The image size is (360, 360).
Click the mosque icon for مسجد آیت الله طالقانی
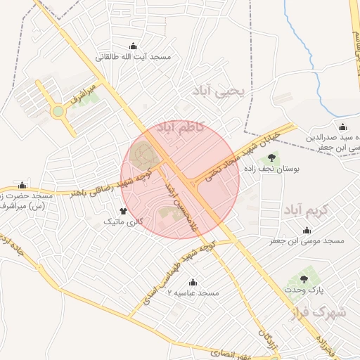pyautogui.click(x=133, y=45)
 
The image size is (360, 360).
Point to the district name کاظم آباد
pyautogui.click(x=181, y=128)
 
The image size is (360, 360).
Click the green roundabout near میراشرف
pyautogui.click(x=58, y=111)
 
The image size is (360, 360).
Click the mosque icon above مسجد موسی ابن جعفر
pyautogui.click(x=307, y=230)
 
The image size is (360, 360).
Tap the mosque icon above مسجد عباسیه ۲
pyautogui.click(x=193, y=281)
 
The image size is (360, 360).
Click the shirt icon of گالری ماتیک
pyautogui.click(x=124, y=210)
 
